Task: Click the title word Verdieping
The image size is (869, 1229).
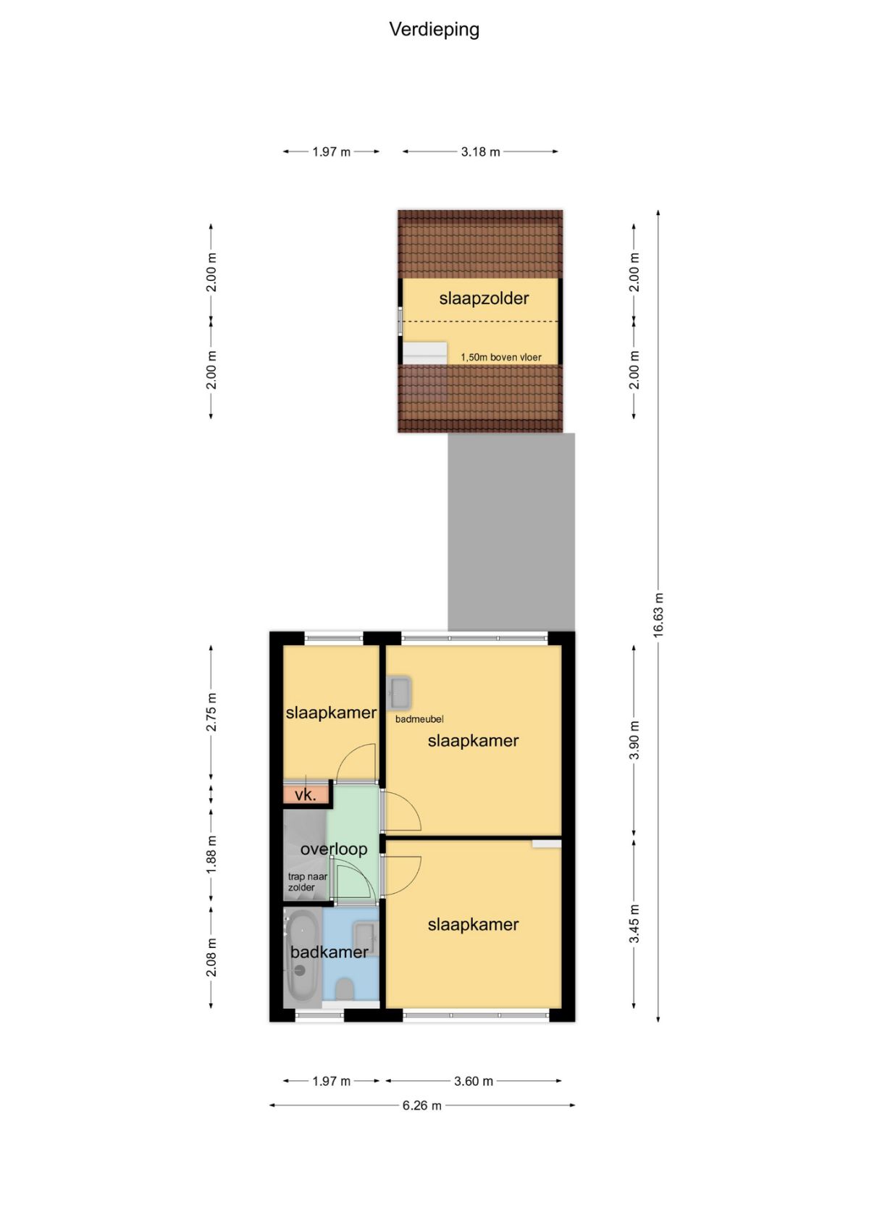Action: point(434,30)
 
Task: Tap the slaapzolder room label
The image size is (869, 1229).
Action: point(484,298)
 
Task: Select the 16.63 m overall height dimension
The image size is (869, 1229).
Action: point(658,615)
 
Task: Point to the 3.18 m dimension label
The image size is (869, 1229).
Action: point(481,152)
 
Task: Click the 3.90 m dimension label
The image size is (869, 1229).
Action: point(634,739)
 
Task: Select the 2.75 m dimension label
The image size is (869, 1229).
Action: point(211,712)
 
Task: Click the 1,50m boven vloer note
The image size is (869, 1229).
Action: point(501,357)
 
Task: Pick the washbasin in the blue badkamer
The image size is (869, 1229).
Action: point(365,939)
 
